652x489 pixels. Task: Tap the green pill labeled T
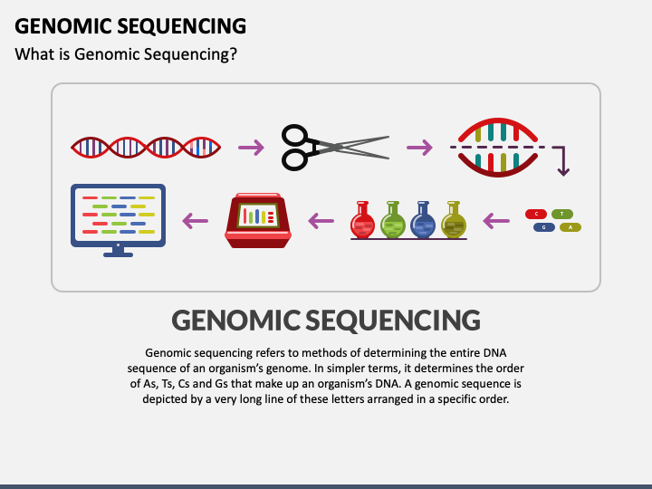click(x=562, y=214)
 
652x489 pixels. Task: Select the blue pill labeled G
click(x=543, y=227)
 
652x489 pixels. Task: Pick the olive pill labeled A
click(x=570, y=227)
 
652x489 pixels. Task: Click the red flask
click(x=363, y=220)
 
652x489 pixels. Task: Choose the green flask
click(x=392, y=220)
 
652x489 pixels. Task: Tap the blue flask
click(x=422, y=220)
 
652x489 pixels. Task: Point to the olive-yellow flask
click(x=452, y=220)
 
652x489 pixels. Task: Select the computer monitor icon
click(x=118, y=218)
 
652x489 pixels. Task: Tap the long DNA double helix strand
click(x=145, y=147)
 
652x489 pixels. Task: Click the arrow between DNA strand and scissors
click(x=251, y=148)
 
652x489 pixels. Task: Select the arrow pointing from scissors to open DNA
click(x=419, y=148)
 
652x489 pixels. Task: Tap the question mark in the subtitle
click(x=233, y=54)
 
